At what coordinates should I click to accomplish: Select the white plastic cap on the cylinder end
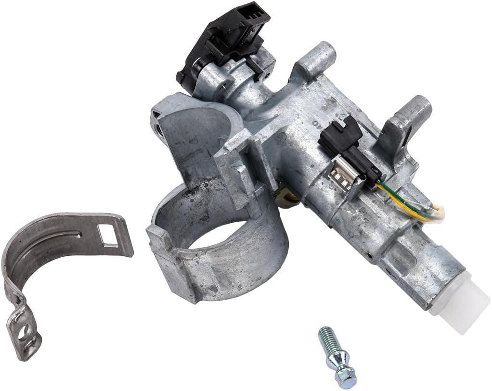460,303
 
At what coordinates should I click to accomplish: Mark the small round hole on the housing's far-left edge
159,129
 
